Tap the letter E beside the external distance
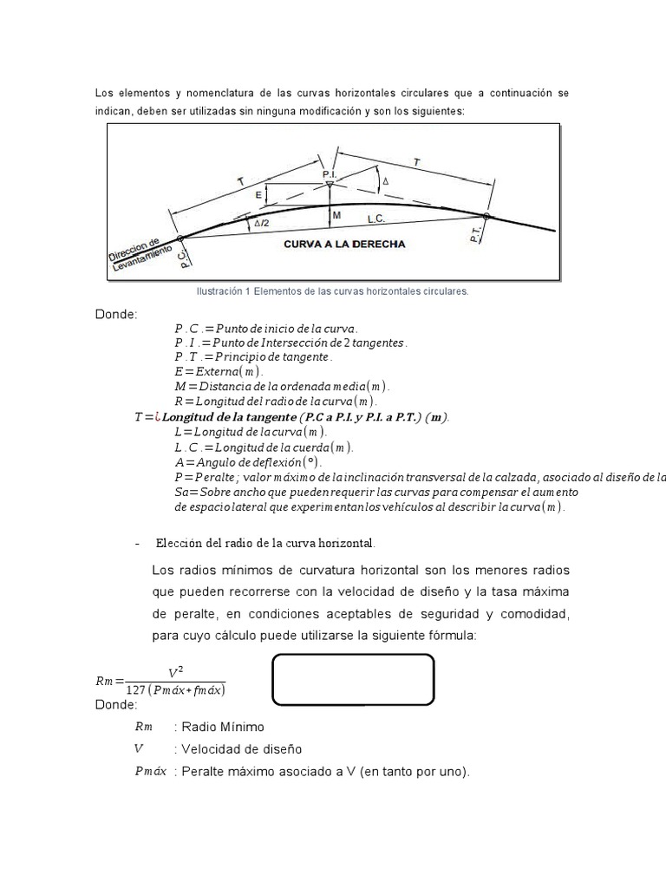point(258,197)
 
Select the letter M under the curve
point(336,215)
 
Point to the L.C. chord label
point(401,222)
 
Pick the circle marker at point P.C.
point(180,238)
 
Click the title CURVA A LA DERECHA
point(344,245)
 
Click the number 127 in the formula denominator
point(137,689)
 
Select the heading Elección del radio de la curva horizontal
point(265,543)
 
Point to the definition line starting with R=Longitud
point(275,401)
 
